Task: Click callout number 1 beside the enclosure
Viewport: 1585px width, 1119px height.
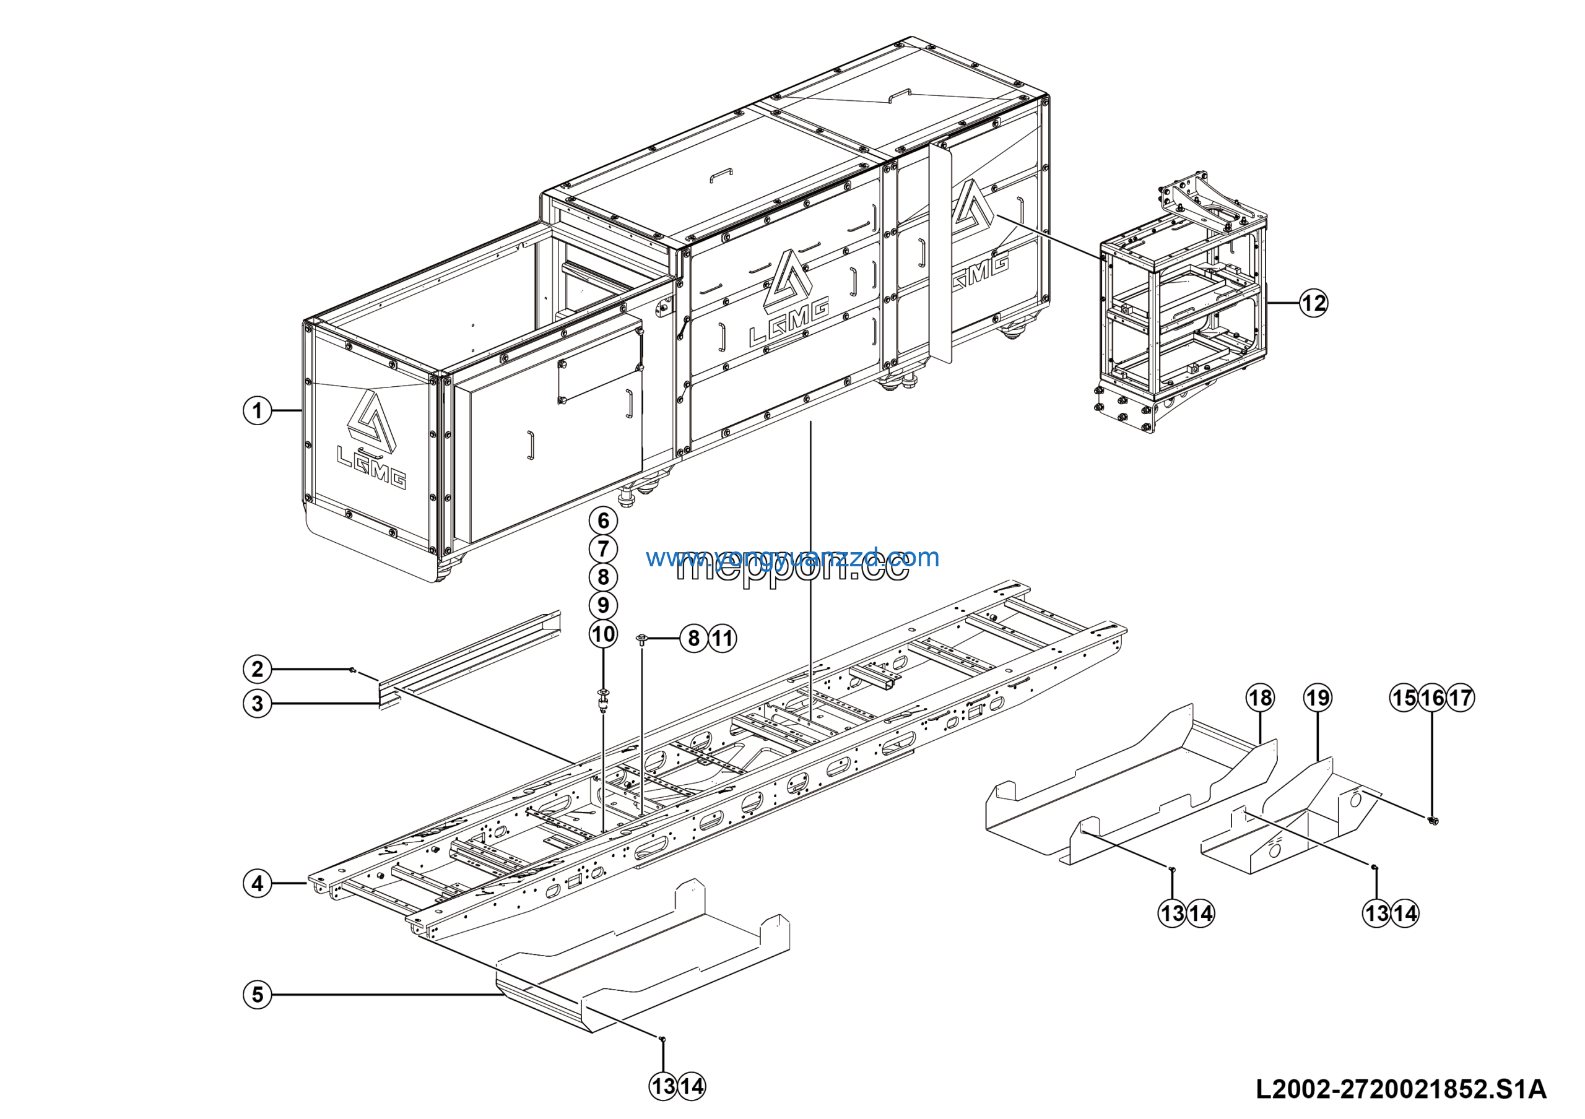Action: click(258, 411)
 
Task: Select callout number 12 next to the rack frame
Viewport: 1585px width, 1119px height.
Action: click(1313, 303)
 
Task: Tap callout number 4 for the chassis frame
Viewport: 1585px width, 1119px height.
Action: click(258, 883)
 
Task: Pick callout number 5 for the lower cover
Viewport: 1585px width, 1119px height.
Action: click(258, 995)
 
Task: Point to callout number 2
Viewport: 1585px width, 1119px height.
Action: click(258, 668)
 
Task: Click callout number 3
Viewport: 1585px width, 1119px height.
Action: click(258, 704)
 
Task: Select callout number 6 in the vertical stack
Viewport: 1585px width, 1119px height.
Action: click(603, 521)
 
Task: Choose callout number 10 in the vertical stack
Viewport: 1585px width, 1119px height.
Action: click(603, 633)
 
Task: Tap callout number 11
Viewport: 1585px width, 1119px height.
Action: click(722, 638)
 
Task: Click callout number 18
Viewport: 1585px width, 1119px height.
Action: click(1260, 698)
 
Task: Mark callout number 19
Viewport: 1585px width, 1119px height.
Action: click(1317, 698)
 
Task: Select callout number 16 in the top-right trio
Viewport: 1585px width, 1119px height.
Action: click(1431, 698)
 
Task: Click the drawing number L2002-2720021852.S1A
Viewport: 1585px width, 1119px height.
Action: click(1400, 1089)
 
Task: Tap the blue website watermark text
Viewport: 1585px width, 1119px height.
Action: click(792, 557)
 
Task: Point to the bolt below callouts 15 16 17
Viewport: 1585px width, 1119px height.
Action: click(1431, 820)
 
